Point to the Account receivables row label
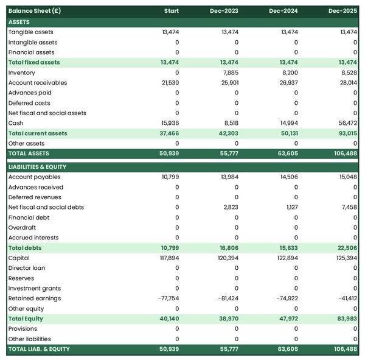click(38, 83)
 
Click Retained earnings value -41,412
click(346, 298)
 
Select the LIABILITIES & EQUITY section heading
click(37, 166)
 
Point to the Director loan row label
click(27, 268)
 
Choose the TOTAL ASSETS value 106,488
click(345, 154)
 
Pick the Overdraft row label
click(22, 227)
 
